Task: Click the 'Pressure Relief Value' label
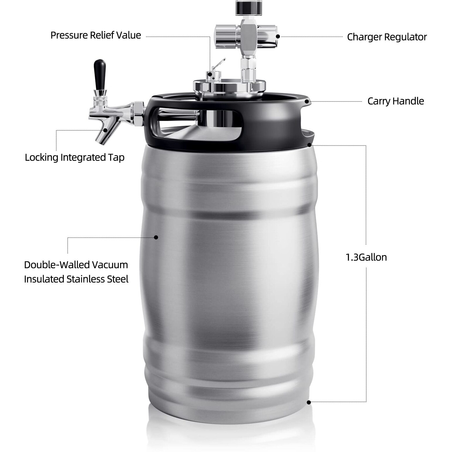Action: click(96, 35)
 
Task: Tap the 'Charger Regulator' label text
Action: click(387, 37)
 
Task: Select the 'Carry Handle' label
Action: click(395, 101)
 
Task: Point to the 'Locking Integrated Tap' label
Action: click(75, 157)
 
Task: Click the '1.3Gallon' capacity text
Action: click(366, 257)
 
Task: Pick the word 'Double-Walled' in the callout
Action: click(57, 265)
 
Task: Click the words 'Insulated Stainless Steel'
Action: click(76, 279)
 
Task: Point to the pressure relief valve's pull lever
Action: click(219, 64)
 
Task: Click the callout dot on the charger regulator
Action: click(278, 36)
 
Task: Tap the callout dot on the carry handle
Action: click(306, 101)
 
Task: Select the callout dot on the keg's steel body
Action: click(156, 237)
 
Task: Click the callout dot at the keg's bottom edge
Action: click(309, 402)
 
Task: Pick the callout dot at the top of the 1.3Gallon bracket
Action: click(309, 145)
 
